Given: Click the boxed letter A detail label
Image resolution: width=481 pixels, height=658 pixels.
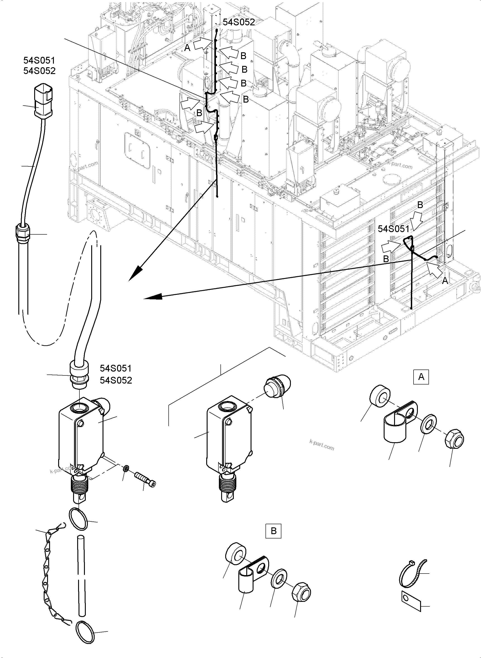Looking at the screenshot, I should [421, 377].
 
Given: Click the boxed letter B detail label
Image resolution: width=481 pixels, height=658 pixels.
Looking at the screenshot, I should [273, 531].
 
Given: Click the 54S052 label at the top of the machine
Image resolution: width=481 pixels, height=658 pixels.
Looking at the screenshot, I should [239, 22].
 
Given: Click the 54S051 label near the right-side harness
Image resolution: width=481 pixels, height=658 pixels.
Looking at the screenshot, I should [393, 229].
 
